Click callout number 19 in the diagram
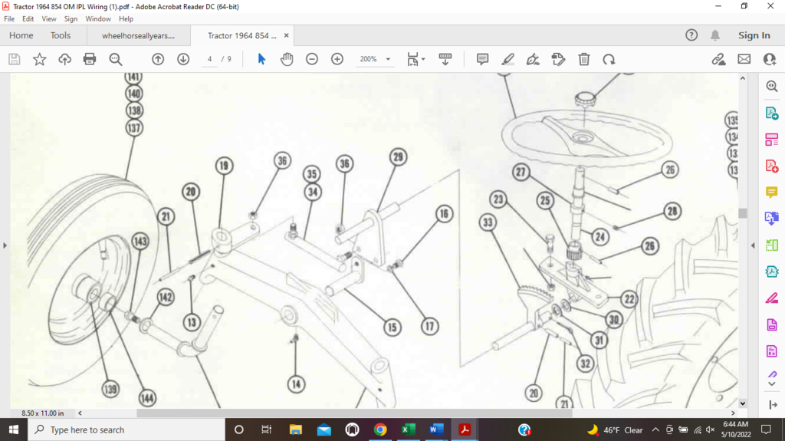pyautogui.click(x=223, y=166)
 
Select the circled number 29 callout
pyautogui.click(x=397, y=157)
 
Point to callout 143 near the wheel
pyautogui.click(x=140, y=241)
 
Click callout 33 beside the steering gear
pyautogui.click(x=488, y=223)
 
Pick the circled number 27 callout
pyautogui.click(x=522, y=173)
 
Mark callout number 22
pyautogui.click(x=629, y=299)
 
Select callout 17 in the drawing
pyautogui.click(x=430, y=327)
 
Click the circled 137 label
pyautogui.click(x=134, y=128)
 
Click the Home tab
pyautogui.click(x=21, y=35)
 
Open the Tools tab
pyautogui.click(x=61, y=35)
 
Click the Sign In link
pyautogui.click(x=754, y=35)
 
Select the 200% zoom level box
pyautogui.click(x=375, y=59)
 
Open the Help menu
pyautogui.click(x=126, y=18)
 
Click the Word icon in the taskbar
pyautogui.click(x=436, y=429)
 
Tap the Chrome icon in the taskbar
pyautogui.click(x=380, y=429)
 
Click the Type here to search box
pyautogui.click(x=126, y=429)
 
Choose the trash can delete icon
pyautogui.click(x=583, y=59)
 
